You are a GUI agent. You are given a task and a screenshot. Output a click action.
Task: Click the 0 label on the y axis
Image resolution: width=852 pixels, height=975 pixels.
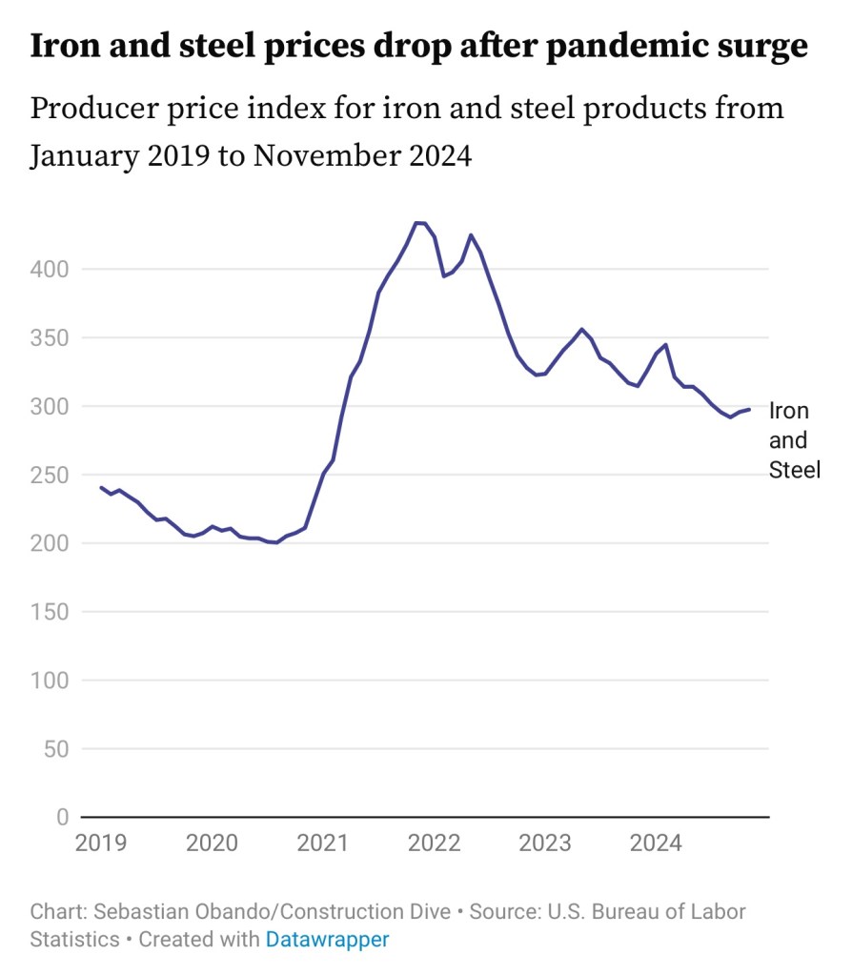pos(62,818)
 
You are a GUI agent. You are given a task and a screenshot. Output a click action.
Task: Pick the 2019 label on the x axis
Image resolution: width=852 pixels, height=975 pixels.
pos(101,843)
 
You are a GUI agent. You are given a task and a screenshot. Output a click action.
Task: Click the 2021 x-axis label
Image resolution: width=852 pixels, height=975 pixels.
pos(322,843)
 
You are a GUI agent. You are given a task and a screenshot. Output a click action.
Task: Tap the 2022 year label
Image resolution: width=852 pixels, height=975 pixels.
pos(434,843)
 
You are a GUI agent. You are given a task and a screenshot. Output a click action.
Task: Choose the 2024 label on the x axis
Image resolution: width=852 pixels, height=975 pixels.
pos(655,843)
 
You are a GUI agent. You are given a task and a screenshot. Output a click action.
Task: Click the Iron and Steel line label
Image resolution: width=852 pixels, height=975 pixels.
pos(793,440)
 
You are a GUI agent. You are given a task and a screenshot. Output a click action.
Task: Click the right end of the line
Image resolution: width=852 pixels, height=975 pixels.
pos(749,410)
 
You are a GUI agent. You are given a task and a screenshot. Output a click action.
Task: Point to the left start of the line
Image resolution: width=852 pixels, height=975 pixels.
pos(101,487)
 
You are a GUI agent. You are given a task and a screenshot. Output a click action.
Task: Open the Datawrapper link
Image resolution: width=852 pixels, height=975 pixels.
pos(327,939)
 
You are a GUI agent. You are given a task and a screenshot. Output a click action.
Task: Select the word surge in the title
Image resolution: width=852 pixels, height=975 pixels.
pos(760,46)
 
